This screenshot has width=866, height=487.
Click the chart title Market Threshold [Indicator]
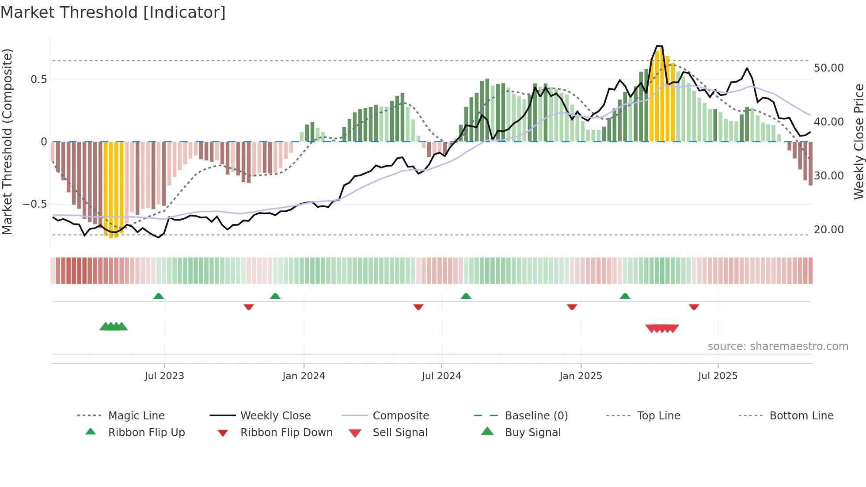coord(113,12)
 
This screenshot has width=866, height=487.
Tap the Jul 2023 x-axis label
coord(164,376)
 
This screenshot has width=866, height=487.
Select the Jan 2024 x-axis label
coord(304,376)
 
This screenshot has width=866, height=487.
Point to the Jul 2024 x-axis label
coord(441,376)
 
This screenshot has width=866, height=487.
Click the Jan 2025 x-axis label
coord(581,376)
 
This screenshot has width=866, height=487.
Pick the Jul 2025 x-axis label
coord(718,376)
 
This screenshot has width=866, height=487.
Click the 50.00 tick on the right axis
coord(828,68)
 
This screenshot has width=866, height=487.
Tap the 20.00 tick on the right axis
coord(828,230)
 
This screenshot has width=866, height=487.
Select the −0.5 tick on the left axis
coord(34,204)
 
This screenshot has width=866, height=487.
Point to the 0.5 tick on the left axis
coord(38,80)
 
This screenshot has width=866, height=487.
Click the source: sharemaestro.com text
coord(778,346)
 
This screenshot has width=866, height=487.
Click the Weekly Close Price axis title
coord(858,141)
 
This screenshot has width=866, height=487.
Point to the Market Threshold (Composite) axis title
coord(7,141)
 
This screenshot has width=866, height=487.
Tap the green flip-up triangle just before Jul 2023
coord(159,296)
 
